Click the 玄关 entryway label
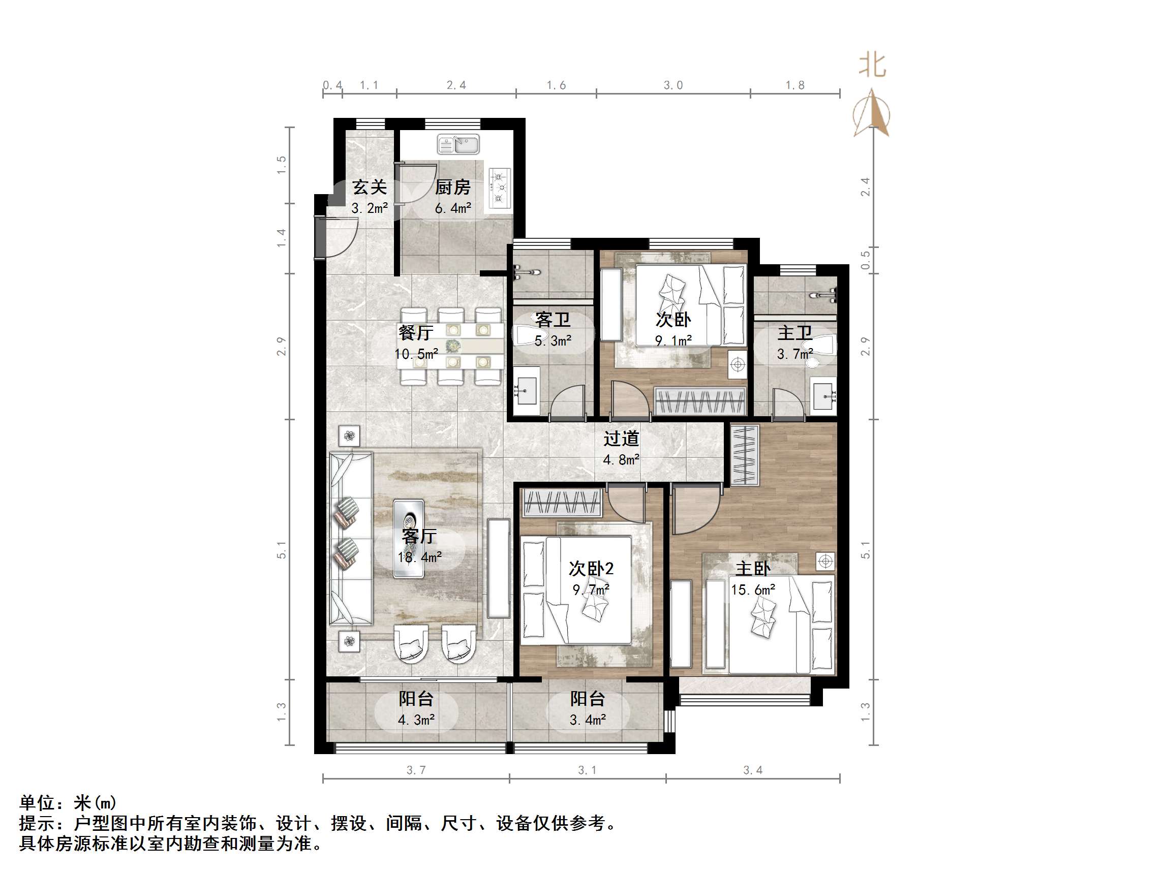tap(369, 187)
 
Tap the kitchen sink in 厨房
tap(458, 144)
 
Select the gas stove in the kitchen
tap(500, 186)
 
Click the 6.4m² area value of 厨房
tap(453, 208)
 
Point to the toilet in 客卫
tap(527, 336)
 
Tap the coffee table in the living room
tap(409, 538)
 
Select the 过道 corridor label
tap(621, 439)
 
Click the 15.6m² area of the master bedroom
tap(753, 590)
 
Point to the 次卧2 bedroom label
tap(591, 568)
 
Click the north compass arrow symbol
tap(871, 113)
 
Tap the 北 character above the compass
tap(872, 66)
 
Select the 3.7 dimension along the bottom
tap(415, 770)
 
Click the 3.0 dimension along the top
tap(673, 85)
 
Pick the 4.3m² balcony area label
tap(416, 720)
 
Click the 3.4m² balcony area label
tap(587, 720)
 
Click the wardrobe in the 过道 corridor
tap(745, 455)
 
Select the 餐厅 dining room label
tap(415, 333)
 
